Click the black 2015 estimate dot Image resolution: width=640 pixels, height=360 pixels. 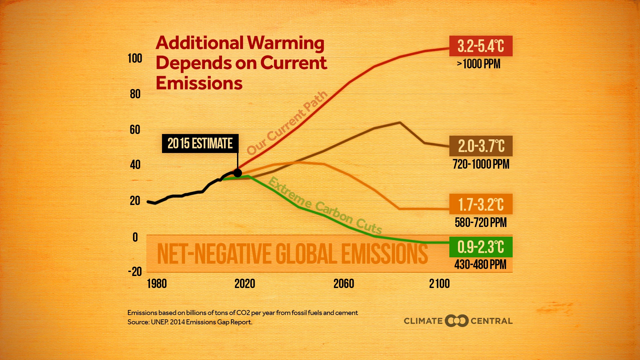238,173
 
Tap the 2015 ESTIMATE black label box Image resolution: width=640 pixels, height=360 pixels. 200,143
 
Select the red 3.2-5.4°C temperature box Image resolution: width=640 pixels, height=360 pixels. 481,46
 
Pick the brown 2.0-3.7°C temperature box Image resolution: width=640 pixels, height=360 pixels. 481,146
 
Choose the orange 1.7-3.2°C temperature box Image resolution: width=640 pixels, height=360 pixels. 481,204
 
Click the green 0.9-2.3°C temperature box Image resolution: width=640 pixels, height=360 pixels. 481,247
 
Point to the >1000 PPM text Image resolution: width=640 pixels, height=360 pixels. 479,64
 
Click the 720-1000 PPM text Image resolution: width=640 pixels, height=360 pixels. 481,164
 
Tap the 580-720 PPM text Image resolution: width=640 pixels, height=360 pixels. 481,222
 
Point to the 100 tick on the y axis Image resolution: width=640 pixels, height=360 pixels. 135,58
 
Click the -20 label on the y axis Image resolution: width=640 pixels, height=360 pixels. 135,272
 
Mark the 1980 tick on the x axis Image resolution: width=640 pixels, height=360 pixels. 157,284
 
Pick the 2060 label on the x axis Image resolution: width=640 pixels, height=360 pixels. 344,284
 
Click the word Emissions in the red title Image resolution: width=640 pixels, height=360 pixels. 199,83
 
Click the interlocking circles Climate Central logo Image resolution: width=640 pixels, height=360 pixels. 457,321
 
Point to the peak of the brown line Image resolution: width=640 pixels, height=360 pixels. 400,122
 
